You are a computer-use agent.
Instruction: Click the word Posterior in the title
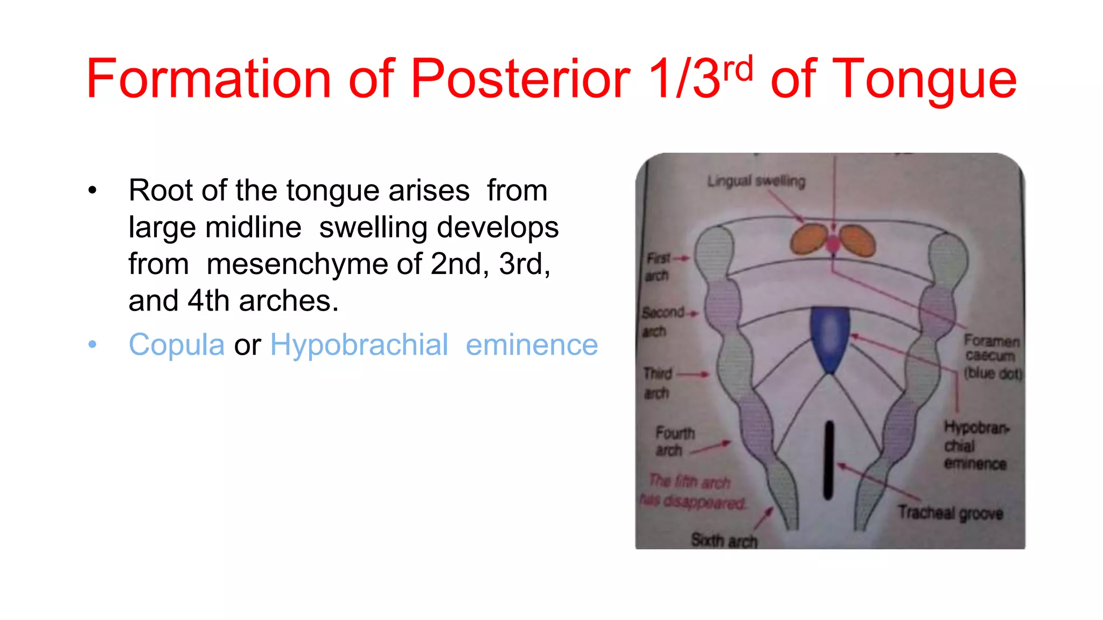520,80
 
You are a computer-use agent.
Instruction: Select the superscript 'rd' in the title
738,69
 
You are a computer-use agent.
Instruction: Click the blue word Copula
176,344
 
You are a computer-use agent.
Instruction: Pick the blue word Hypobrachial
359,344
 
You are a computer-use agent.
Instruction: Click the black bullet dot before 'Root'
93,191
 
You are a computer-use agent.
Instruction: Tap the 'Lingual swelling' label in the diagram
756,181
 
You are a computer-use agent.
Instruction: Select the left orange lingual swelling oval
808,239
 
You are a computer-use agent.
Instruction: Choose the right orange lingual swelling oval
858,241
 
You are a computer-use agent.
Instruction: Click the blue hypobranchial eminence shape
830,338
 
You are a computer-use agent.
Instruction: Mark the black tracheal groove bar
829,460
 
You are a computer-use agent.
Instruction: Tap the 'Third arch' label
657,383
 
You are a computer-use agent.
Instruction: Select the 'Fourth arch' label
674,441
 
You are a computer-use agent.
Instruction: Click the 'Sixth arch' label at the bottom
724,540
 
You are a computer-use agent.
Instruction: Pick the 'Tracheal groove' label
950,513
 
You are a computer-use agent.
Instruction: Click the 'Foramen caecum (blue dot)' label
992,356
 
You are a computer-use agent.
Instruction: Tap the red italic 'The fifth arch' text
689,481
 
